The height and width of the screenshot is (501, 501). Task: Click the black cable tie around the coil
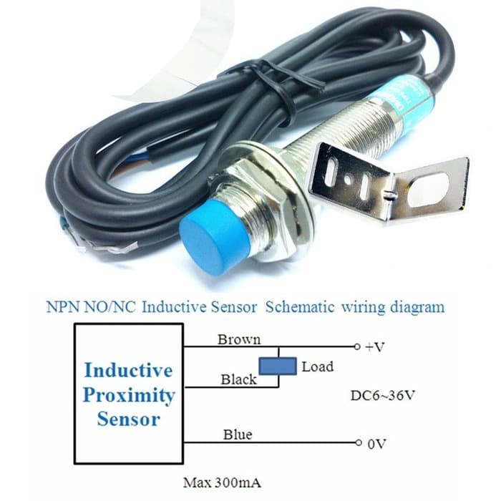tap(268, 79)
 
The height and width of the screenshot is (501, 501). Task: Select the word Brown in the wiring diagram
tap(239, 339)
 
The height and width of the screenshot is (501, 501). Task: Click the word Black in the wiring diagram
tap(238, 379)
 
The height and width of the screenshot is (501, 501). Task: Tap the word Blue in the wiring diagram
tap(238, 434)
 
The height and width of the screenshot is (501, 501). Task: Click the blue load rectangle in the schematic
tap(278, 366)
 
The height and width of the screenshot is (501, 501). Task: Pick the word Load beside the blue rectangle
tap(317, 366)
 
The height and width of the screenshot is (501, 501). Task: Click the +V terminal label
tap(374, 347)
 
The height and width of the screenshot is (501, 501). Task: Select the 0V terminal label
tap(376, 444)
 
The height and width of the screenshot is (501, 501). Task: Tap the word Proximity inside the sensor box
tap(129, 395)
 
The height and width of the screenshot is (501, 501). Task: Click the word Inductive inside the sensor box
tap(128, 371)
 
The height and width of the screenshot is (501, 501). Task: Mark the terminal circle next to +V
tap(357, 347)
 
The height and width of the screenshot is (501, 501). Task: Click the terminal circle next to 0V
tap(357, 444)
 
